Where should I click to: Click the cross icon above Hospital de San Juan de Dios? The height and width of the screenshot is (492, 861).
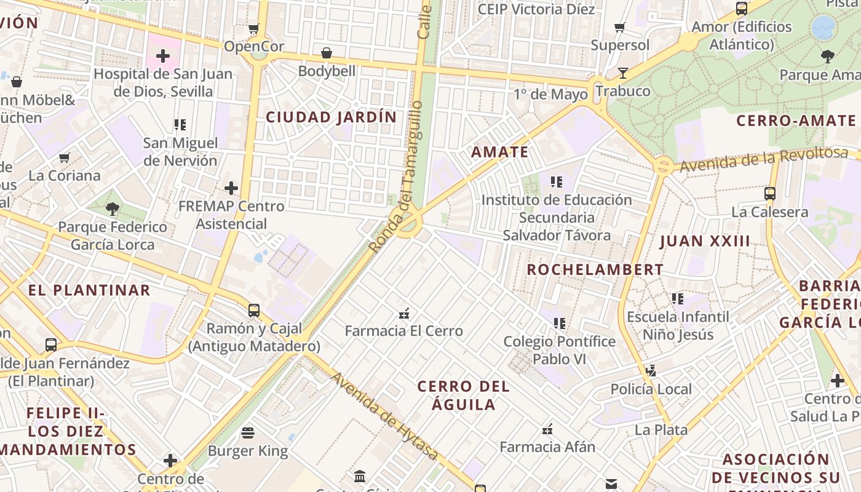pos(162,57)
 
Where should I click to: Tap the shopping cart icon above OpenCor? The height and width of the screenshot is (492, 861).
pos(253,28)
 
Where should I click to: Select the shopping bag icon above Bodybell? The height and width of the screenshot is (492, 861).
pos(327,53)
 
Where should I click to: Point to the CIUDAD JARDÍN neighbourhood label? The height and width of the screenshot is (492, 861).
pos(331,117)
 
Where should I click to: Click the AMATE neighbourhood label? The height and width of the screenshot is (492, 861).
pos(500,152)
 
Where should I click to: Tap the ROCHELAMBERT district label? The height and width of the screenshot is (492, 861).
pos(595,269)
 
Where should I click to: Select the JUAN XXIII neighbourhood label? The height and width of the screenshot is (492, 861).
pos(705,241)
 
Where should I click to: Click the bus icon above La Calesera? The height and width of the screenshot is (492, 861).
pos(769,194)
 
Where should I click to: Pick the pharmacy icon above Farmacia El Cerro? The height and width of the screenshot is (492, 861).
pos(404,313)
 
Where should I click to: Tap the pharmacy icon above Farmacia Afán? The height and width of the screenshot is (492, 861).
pos(547,429)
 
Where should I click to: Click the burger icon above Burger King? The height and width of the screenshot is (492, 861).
pos(248,433)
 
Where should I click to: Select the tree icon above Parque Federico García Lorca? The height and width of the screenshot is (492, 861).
pos(113,209)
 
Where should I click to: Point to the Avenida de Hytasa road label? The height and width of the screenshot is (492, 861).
pos(385,416)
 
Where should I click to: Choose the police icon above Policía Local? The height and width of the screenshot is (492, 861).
pos(651,371)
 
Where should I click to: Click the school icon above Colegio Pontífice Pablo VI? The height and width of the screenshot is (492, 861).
pos(559,323)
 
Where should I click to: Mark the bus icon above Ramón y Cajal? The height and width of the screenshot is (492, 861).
pos(254,311)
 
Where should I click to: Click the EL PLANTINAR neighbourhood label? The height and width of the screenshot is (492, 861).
pos(90,290)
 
